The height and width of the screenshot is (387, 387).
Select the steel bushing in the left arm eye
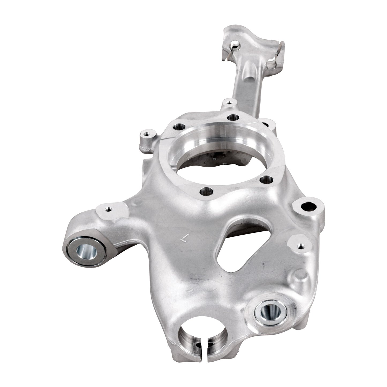85,251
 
